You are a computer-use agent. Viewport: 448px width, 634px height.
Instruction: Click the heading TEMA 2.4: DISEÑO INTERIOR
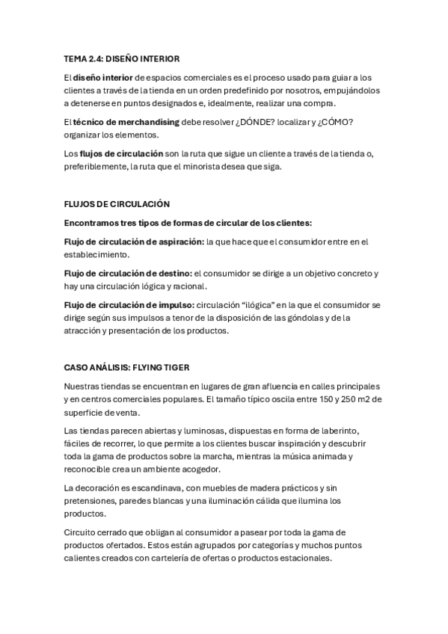pos(122,58)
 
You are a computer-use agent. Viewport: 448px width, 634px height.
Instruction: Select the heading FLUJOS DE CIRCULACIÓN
pos(117,203)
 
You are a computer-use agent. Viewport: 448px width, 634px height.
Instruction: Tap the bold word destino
pos(172,273)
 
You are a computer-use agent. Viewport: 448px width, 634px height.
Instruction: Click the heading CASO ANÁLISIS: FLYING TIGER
pos(126,367)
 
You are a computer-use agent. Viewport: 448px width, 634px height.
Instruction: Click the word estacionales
pos(308,558)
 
